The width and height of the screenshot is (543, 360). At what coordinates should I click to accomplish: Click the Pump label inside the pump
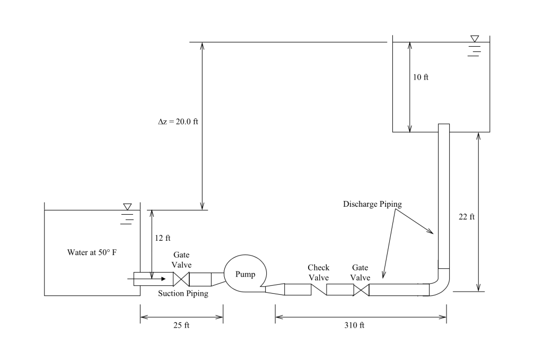click(245, 274)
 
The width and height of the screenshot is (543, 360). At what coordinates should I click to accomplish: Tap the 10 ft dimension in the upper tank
click(421, 77)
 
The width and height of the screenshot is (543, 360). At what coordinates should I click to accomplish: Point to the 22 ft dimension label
click(467, 217)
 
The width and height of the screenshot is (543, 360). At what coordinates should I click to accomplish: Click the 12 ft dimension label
click(163, 238)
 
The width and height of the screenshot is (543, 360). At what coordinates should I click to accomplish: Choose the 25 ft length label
click(181, 325)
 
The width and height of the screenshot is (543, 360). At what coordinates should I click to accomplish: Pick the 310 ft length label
click(355, 325)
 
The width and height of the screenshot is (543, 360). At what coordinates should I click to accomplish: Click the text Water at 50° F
click(92, 252)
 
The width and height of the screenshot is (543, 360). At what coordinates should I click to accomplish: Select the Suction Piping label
click(183, 293)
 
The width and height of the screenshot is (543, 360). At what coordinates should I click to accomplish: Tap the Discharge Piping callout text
click(372, 204)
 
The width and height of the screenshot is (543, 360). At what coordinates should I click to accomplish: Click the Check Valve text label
click(319, 273)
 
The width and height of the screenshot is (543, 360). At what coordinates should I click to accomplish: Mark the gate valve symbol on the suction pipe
click(181, 279)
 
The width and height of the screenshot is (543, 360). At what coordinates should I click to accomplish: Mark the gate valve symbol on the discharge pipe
click(361, 289)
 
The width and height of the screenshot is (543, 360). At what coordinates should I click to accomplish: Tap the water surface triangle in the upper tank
click(475, 39)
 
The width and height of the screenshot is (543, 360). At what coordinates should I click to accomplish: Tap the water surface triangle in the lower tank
click(127, 206)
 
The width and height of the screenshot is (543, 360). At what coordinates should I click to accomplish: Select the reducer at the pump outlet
click(275, 289)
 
